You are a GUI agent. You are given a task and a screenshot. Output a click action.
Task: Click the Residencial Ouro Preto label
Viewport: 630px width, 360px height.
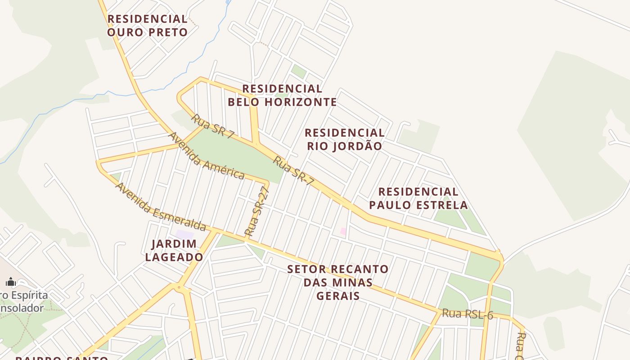[x=147, y=26]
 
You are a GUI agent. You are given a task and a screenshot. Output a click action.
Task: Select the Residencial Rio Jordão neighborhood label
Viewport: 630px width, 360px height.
[x=345, y=139]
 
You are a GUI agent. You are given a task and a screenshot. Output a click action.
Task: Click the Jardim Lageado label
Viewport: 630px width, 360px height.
[x=174, y=251]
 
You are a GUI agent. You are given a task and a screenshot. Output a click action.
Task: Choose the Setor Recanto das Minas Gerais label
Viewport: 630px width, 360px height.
[x=338, y=282]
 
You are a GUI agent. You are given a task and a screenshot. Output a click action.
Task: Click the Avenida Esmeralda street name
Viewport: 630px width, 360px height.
[x=161, y=207]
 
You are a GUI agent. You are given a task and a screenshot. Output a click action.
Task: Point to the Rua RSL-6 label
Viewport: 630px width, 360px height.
[x=467, y=314]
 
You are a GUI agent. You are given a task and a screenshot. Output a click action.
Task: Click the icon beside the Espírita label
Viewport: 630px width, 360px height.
[x=11, y=282]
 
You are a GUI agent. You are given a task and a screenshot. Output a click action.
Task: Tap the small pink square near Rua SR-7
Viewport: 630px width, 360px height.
[x=343, y=231]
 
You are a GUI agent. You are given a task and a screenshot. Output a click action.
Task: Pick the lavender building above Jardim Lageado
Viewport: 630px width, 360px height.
[x=184, y=234]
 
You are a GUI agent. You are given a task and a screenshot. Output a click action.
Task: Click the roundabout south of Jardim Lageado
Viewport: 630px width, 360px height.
[x=179, y=287]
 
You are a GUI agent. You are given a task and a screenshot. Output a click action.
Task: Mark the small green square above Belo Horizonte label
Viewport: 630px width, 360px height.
[x=298, y=71]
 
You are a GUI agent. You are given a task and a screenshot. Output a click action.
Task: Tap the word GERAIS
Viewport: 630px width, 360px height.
[x=338, y=296]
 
